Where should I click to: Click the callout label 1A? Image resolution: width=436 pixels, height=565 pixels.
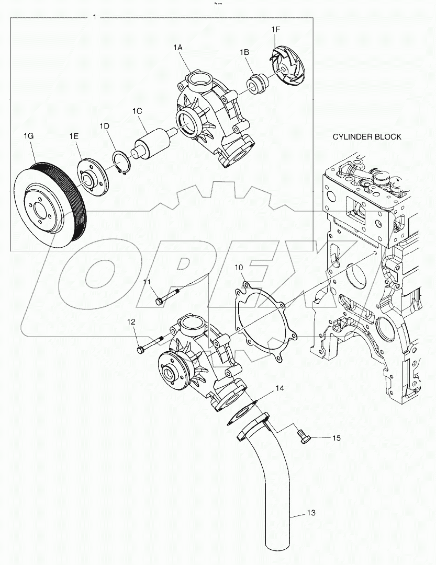pos(177,47)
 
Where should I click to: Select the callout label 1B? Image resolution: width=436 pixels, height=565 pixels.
pos(244,52)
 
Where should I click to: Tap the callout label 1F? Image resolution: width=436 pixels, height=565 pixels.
pos(276,30)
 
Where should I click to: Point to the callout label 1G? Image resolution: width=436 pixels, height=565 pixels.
pos(28,136)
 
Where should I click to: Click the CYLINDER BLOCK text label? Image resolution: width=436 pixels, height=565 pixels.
pos(367,137)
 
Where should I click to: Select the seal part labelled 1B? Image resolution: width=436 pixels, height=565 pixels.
pos(256,84)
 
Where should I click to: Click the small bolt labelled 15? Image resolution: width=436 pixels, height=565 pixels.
pos(304,437)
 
